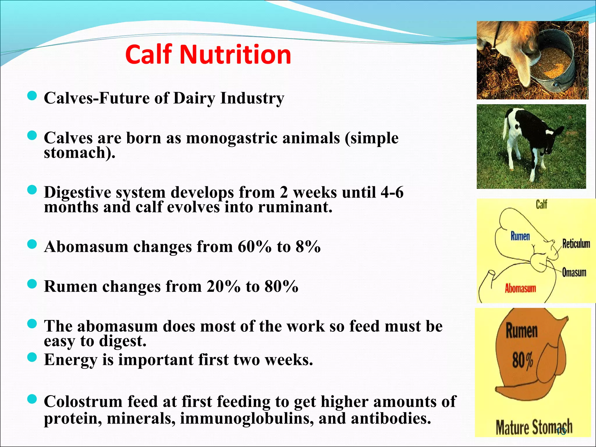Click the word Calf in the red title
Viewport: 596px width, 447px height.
coord(148,55)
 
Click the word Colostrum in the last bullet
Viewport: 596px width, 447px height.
coord(83,402)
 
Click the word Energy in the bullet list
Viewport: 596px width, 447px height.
coord(70,360)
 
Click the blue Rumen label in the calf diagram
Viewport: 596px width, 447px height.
coord(520,236)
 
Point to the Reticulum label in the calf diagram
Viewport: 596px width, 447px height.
coord(576,244)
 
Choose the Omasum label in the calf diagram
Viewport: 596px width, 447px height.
coord(574,272)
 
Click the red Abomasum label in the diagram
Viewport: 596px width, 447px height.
coord(520,288)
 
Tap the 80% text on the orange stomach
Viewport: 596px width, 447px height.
coord(523,360)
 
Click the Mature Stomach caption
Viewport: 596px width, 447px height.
coord(533,427)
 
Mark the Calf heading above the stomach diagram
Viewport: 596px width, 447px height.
coord(542,204)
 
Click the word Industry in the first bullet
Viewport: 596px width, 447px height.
coord(252,98)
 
